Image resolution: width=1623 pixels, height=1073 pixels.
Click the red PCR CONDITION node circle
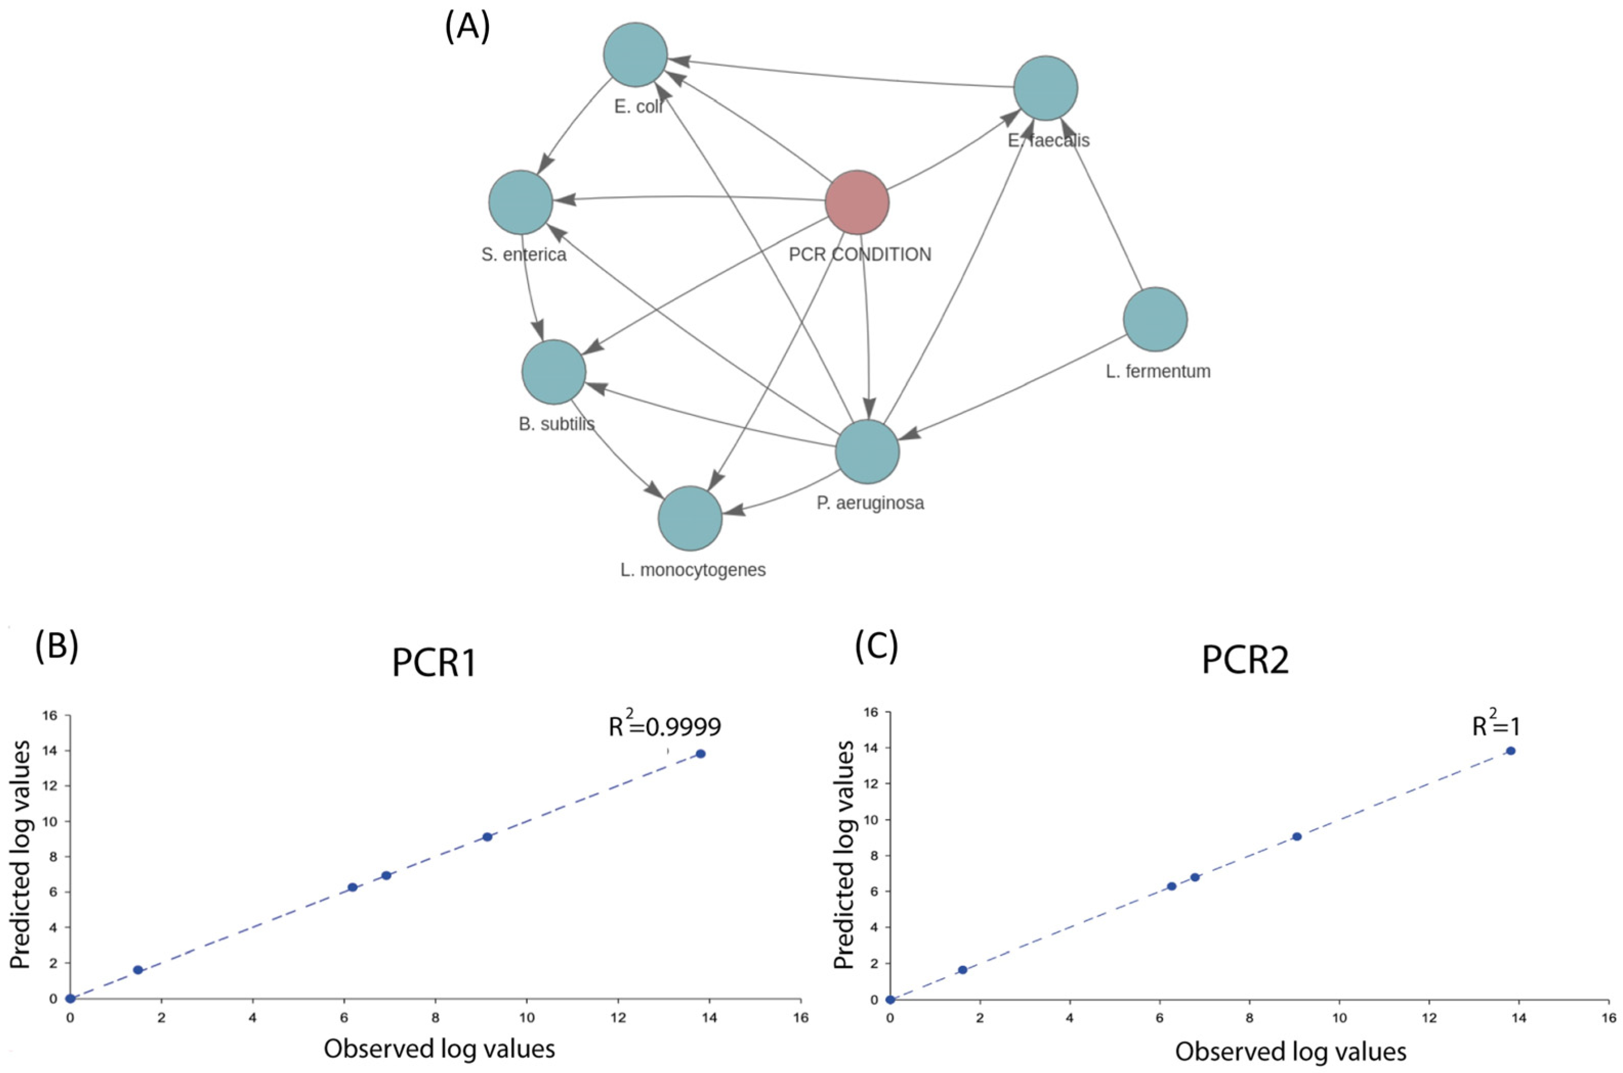pos(856,202)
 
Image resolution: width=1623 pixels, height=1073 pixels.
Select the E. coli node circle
pos(635,55)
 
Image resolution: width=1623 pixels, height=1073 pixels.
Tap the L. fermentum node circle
pos(1155,320)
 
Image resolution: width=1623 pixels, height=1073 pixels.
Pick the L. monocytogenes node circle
pos(690,519)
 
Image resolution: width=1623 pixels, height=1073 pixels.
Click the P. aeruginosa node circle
pos(867,452)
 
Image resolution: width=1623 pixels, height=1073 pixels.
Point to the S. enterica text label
pos(524,255)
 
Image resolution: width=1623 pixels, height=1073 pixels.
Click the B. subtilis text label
pos(557,424)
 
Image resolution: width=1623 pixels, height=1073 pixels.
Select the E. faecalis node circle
pos(1045,88)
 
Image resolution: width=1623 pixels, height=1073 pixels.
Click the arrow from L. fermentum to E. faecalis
pos(1102,205)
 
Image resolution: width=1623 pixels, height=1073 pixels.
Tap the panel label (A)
pos(467,29)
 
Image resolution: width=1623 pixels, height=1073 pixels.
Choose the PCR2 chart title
pos(1245,661)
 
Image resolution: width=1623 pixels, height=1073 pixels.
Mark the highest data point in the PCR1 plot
pos(700,753)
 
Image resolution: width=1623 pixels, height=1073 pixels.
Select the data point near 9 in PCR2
pos(1296,836)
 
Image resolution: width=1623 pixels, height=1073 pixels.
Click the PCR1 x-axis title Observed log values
pos(439,1048)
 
